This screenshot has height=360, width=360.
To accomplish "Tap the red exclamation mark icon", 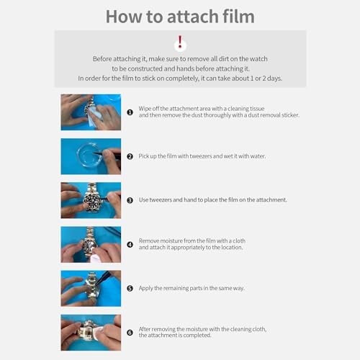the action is tap(180, 42).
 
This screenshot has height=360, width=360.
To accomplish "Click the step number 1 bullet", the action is tap(130, 112).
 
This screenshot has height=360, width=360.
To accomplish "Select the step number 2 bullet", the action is tap(130, 156).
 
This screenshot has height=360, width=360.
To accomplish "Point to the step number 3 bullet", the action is tap(130, 200).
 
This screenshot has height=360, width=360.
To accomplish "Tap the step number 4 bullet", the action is tap(130, 245).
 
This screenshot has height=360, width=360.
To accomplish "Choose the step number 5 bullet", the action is tap(130, 288).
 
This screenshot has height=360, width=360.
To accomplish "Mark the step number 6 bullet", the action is tap(130, 333).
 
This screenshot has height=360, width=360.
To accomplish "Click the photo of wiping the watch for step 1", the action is tap(91, 112).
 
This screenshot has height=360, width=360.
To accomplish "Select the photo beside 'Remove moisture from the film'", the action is tap(91, 244).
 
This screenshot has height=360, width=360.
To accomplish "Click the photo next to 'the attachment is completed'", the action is tap(91, 333).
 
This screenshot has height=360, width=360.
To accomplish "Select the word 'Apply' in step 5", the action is tap(145, 288).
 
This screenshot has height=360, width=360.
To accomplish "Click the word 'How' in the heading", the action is tap(124, 17).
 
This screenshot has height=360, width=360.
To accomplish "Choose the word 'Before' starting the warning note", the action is tap(102, 59).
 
